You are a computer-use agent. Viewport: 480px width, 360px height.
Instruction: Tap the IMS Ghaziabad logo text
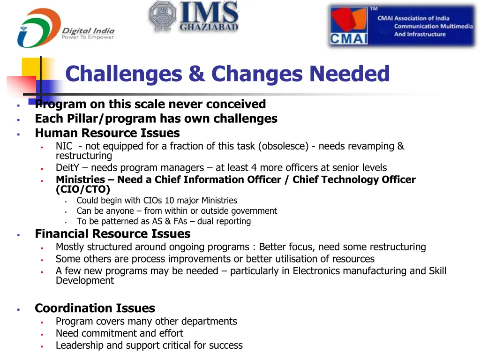click(x=209, y=16)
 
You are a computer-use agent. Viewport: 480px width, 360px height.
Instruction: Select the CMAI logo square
click(x=348, y=26)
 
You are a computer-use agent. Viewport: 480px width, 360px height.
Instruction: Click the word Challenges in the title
click(x=123, y=74)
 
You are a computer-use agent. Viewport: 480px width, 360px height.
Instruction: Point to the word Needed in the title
click(x=349, y=74)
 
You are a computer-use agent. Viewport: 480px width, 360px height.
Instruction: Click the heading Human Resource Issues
click(x=107, y=133)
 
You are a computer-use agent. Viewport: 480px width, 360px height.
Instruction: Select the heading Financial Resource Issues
click(x=112, y=233)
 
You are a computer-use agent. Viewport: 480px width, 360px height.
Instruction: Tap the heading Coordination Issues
click(x=95, y=308)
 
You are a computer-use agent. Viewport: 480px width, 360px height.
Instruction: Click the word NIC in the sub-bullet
click(x=64, y=146)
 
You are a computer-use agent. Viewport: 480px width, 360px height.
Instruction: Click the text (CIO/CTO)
click(x=83, y=189)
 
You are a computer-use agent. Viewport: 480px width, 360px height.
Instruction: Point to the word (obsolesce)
click(x=283, y=146)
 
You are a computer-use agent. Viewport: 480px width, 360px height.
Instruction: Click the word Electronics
click(x=317, y=271)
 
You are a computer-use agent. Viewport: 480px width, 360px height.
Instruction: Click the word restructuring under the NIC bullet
click(x=84, y=156)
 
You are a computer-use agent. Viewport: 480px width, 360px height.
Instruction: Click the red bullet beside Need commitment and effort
click(x=42, y=334)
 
